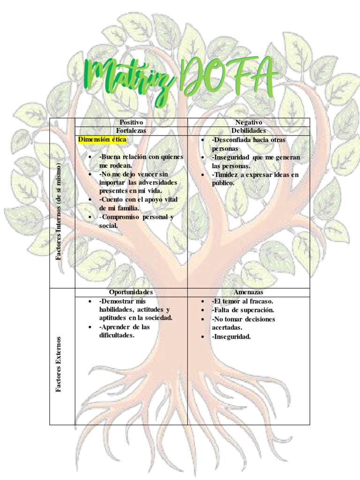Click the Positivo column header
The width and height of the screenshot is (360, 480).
coord(131,122)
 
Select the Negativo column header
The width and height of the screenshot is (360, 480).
coord(248,122)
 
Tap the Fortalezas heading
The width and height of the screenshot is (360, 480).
coord(131,131)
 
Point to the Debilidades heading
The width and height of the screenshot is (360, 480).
coord(248,131)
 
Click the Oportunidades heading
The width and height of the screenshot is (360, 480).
coord(131,292)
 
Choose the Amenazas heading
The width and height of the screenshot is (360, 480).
coord(248,292)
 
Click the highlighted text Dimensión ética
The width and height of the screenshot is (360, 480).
coord(102,140)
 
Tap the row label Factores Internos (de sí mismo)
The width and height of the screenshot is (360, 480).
coord(59,211)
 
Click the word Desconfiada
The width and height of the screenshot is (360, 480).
coord(232,140)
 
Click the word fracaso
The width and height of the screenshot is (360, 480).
coord(260,301)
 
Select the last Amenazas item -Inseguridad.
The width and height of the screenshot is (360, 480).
coord(231,337)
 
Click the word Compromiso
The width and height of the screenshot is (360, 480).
coord(123,217)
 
